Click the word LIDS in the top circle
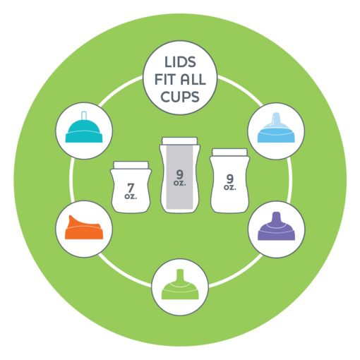pos(180,62)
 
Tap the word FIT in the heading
pos(165,80)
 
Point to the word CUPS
pos(180,97)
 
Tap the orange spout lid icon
pos(84,227)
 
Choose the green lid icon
pos(180,284)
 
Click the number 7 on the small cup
pos(131,188)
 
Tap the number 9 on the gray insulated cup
pos(180,174)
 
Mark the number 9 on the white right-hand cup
pos(230,179)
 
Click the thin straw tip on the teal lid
pos(84,115)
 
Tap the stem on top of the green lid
pos(180,275)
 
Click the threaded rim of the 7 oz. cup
pos(131,164)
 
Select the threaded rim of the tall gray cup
pos(180,140)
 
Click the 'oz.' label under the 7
pos(131,196)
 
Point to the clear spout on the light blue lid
pos(276,119)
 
